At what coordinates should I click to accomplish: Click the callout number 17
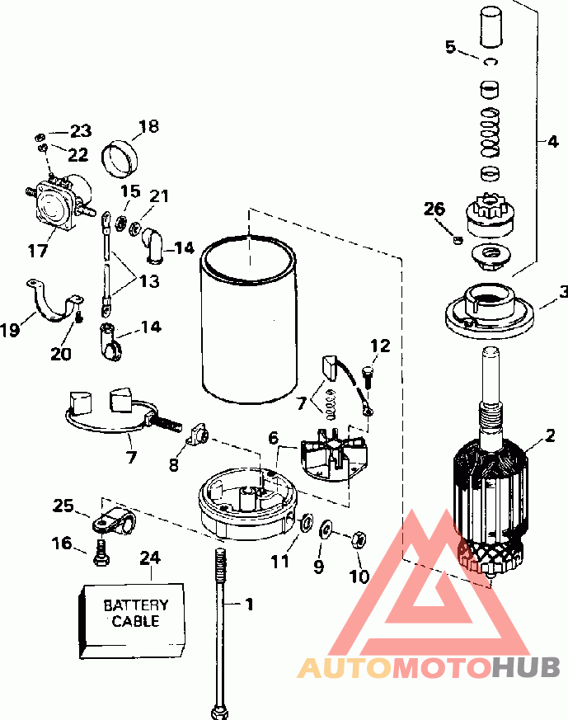pyautogui.click(x=38, y=251)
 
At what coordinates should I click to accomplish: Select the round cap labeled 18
pyautogui.click(x=120, y=158)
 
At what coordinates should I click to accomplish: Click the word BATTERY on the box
pyautogui.click(x=136, y=605)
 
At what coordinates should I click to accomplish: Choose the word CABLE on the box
pyautogui.click(x=136, y=621)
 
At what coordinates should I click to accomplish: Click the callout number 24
pyautogui.click(x=150, y=558)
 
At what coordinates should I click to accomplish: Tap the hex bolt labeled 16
pyautogui.click(x=101, y=553)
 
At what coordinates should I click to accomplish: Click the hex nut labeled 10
pyautogui.click(x=359, y=539)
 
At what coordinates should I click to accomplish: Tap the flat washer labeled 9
pyautogui.click(x=326, y=529)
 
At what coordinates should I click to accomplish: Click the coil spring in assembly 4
pyautogui.click(x=490, y=132)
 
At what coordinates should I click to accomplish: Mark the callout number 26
pyautogui.click(x=434, y=209)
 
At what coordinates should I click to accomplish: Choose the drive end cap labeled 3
pyautogui.click(x=490, y=310)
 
